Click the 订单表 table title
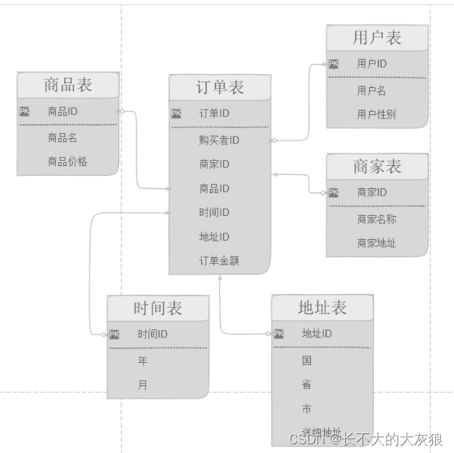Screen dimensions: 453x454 click(219, 88)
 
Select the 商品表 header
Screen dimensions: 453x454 click(68, 85)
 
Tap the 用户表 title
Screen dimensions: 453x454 click(377, 38)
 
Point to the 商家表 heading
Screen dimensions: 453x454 click(377, 167)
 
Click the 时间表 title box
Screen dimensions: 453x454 click(158, 308)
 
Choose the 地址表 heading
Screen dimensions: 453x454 click(322, 308)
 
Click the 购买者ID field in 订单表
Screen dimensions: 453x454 click(219, 140)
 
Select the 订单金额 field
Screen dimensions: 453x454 click(219, 261)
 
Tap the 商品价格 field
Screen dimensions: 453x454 click(68, 161)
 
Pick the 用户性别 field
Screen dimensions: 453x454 click(376, 114)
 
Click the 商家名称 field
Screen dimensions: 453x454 click(376, 219)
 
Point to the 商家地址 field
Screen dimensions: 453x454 click(376, 243)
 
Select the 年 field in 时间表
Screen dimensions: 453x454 click(142, 361)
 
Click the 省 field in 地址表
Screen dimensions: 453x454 click(307, 384)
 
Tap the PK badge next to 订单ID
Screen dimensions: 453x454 click(177, 113)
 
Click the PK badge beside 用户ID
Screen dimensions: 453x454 click(333, 64)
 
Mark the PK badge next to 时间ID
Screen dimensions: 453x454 click(115, 334)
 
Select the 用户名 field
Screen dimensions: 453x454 click(371, 90)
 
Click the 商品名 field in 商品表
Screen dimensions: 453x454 click(62, 137)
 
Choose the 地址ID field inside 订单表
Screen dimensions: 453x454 click(214, 236)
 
